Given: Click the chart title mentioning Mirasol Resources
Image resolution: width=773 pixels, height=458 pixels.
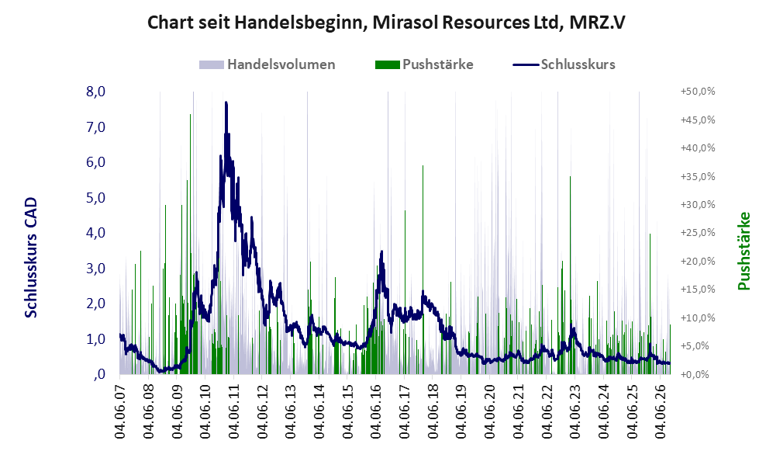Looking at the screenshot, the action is [386, 23].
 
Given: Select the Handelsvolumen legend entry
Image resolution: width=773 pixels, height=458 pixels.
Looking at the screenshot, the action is [267, 64].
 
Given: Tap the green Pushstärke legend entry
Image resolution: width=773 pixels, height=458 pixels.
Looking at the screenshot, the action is [424, 64].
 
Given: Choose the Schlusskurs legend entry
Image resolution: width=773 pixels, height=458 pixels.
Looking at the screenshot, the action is [564, 64].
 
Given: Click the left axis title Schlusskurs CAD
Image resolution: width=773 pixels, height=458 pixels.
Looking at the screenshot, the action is [31, 257].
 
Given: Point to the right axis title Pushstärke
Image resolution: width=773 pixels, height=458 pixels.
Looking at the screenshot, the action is [744, 251].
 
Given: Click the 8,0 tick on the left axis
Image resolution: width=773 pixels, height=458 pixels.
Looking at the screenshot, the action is [95, 92].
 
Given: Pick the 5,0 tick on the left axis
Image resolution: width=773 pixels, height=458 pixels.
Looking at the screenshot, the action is [95, 197].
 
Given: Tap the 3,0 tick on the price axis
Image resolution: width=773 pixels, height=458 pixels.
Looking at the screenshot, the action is [95, 268].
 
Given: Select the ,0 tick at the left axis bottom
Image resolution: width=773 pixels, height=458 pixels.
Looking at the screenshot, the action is [98, 374].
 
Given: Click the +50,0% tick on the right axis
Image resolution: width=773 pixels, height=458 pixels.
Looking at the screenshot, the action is [698, 92].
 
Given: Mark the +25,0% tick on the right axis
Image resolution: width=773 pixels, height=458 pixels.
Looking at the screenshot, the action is [698, 232].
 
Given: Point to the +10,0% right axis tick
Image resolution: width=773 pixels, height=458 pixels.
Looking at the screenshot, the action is [698, 317].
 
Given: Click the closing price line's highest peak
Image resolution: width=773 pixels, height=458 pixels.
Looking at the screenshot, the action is [226, 102].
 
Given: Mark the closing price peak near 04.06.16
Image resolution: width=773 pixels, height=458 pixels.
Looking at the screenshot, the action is [381, 252].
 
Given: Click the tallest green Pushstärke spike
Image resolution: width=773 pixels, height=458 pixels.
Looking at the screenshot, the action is [190, 115].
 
